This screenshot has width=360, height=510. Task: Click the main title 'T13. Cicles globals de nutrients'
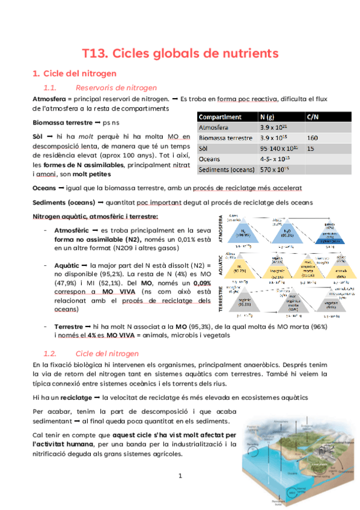180,53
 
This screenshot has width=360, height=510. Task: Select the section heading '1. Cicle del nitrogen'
74,74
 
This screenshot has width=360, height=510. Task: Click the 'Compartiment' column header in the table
220,117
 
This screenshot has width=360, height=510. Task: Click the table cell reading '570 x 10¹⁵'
279,170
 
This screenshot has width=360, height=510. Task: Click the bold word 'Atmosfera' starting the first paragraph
49,99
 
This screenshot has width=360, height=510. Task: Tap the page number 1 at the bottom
180,476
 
